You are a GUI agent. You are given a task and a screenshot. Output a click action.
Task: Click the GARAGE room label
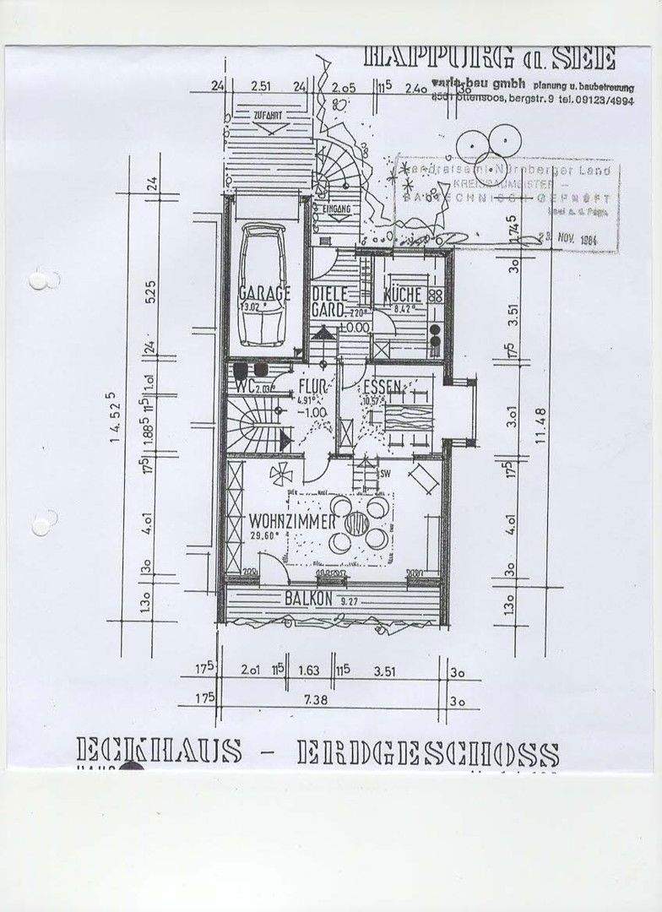pos(264,293)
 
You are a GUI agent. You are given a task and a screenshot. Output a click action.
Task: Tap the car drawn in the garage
pos(263,285)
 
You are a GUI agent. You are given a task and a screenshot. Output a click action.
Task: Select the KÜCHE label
pos(403,295)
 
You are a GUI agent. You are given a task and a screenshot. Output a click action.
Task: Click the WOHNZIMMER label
pos(286,520)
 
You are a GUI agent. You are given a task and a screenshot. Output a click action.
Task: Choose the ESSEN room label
pos(382,388)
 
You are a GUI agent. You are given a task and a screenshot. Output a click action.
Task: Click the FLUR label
pos(313,388)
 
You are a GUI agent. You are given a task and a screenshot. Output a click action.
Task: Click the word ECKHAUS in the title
pos(159,751)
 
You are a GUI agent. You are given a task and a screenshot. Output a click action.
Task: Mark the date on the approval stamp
pos(577,239)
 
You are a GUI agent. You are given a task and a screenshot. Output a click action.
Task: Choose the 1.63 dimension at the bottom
pos(309,671)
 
